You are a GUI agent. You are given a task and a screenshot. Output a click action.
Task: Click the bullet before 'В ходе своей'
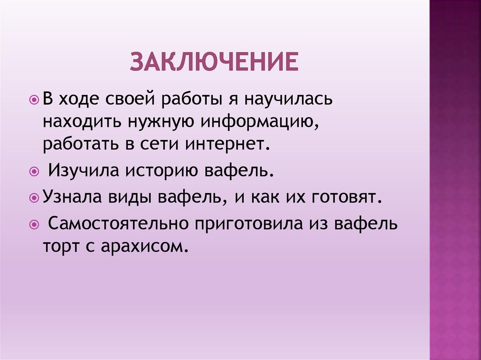[34, 100]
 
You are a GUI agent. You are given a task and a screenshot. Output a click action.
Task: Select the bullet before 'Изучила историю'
[34, 172]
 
